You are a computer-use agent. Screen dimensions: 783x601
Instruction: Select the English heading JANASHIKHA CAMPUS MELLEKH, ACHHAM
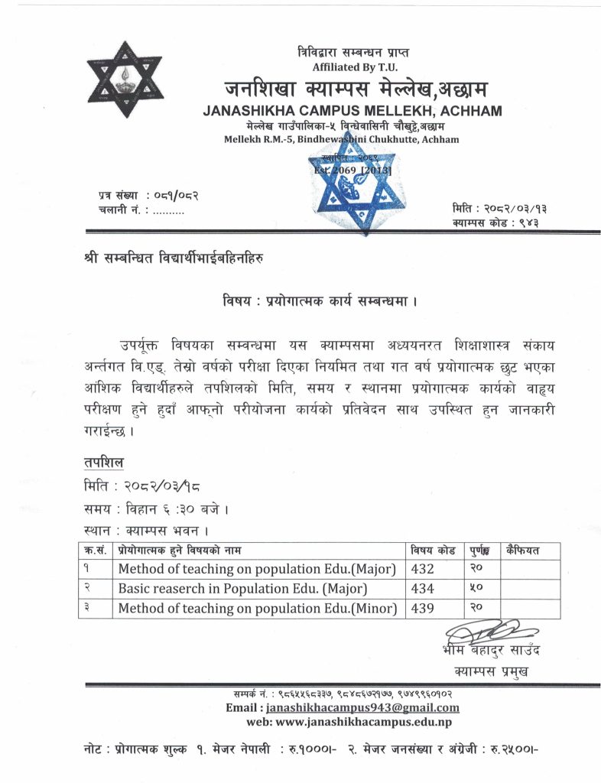[x=352, y=111]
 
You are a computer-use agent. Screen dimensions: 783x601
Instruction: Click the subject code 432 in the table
[x=422, y=569]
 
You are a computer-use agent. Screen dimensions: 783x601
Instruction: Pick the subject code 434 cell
[x=422, y=589]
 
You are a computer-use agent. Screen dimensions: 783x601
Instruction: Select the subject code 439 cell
[x=422, y=609]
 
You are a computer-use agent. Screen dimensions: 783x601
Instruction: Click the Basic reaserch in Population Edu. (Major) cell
[x=242, y=589]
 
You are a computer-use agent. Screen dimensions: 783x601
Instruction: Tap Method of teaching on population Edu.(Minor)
[x=258, y=609]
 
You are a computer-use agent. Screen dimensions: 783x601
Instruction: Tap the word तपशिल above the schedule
[x=104, y=463]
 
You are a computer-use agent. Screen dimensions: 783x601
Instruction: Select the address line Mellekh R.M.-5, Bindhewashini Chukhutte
[x=341, y=139]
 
